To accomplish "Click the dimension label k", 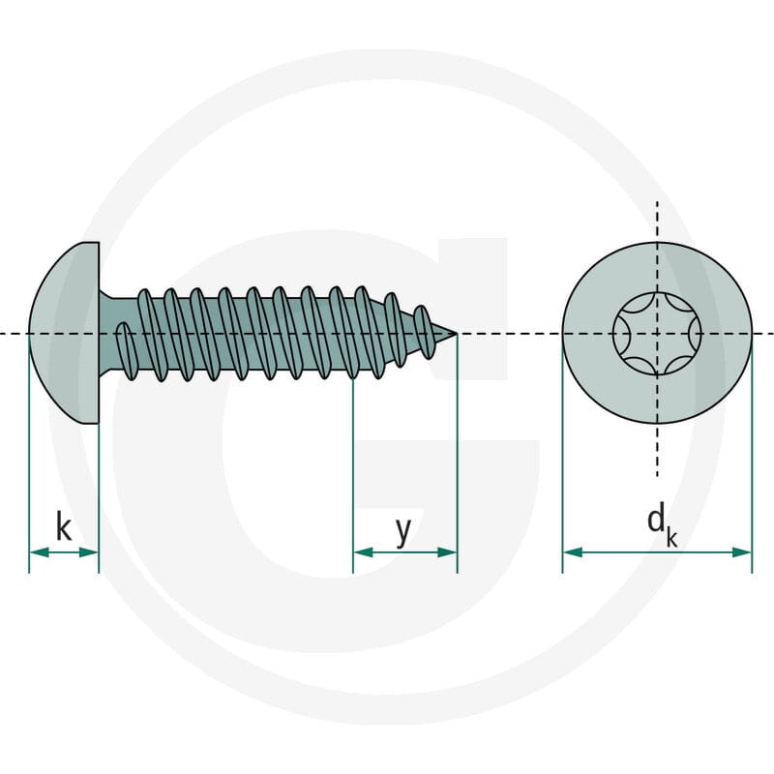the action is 64,526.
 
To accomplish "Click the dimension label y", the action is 403,532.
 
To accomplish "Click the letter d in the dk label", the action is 656,520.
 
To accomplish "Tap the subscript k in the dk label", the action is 671,537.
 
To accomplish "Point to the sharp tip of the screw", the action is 456,334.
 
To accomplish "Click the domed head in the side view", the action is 64,333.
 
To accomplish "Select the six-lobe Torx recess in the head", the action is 657,334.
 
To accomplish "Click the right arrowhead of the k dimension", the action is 89,552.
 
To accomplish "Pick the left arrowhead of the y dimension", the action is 363,552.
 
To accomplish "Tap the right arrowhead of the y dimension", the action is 447,552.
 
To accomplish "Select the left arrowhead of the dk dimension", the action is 572,552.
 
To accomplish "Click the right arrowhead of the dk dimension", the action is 742,552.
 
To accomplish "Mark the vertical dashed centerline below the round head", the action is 657,450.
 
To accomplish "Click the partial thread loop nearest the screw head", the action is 125,351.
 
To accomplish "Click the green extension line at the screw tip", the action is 457,454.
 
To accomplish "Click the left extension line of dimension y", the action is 353,474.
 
